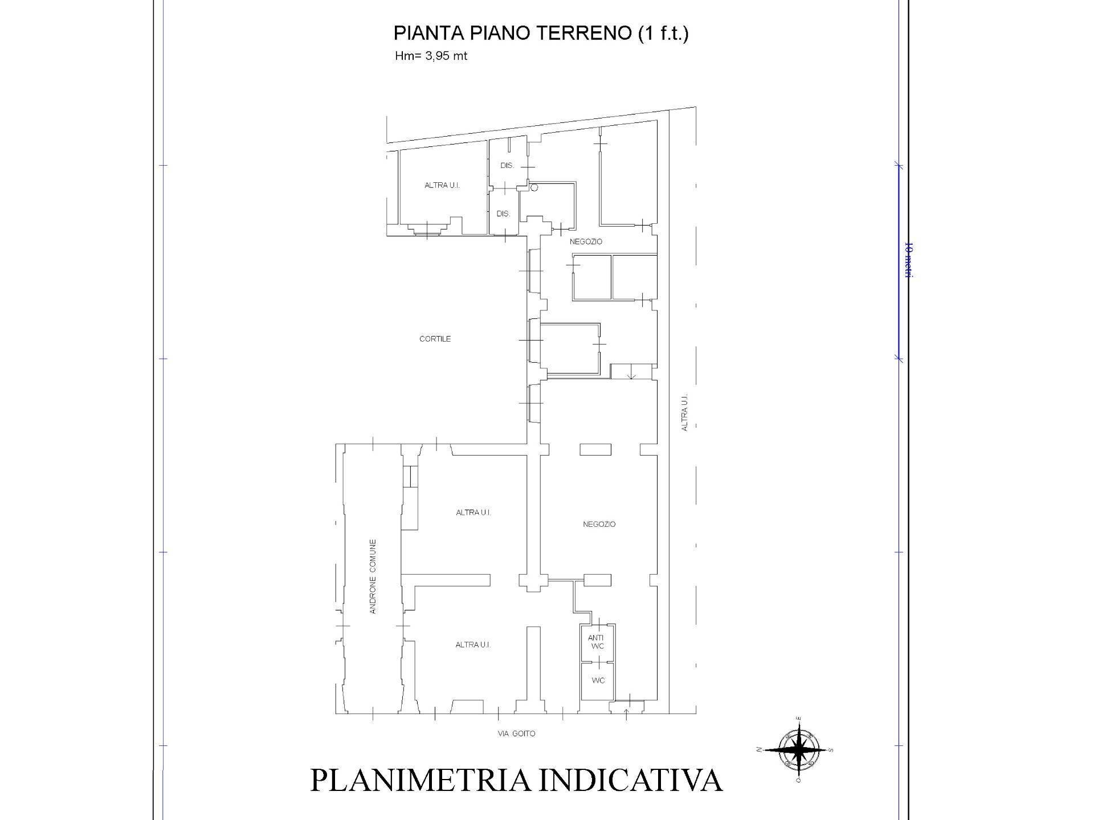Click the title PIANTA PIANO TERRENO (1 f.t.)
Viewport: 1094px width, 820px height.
[x=541, y=33]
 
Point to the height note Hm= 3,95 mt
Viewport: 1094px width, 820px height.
[x=431, y=56]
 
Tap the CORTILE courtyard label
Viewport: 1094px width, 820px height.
[x=435, y=339]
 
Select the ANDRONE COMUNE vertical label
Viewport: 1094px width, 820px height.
[x=373, y=576]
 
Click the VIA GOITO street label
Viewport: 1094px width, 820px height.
[x=516, y=733]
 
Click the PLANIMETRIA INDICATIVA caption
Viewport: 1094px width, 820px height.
[x=516, y=781]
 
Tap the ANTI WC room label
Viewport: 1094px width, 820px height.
[x=596, y=642]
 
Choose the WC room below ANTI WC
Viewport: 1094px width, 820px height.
[x=598, y=680]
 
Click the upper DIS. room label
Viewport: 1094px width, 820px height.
[x=507, y=166]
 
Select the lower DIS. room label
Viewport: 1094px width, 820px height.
[x=503, y=214]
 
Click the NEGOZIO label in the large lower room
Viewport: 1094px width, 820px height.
[x=599, y=524]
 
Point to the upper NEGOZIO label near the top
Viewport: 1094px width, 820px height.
[x=586, y=241]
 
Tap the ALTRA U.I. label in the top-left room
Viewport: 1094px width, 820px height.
[x=442, y=185]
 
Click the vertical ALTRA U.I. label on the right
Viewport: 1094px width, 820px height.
[x=685, y=411]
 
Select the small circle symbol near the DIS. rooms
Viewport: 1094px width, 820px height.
[x=534, y=187]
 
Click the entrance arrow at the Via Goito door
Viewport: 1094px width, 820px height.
[x=626, y=713]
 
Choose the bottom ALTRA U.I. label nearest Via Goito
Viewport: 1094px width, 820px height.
[x=473, y=645]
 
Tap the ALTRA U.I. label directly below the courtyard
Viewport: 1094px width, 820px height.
[x=473, y=512]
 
